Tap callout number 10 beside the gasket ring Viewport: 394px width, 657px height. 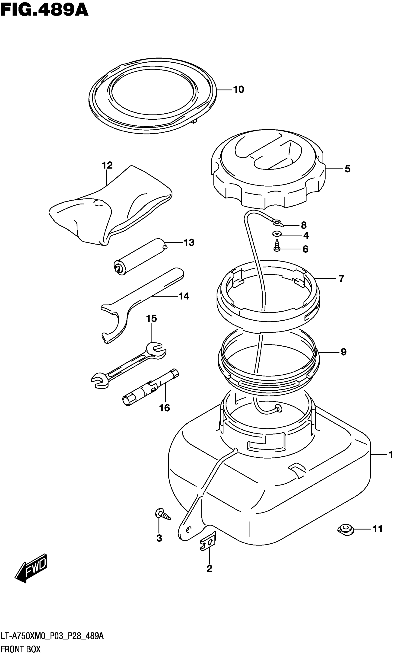click(238, 89)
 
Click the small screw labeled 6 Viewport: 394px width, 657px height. click(277, 246)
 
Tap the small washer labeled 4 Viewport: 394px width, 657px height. click(277, 234)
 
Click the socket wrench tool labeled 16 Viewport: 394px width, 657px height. click(150, 390)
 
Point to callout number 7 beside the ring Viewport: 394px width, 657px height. click(341, 279)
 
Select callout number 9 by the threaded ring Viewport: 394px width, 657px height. click(343, 352)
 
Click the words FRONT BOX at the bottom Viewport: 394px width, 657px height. click(20, 649)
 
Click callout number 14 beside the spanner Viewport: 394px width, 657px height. click(184, 296)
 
